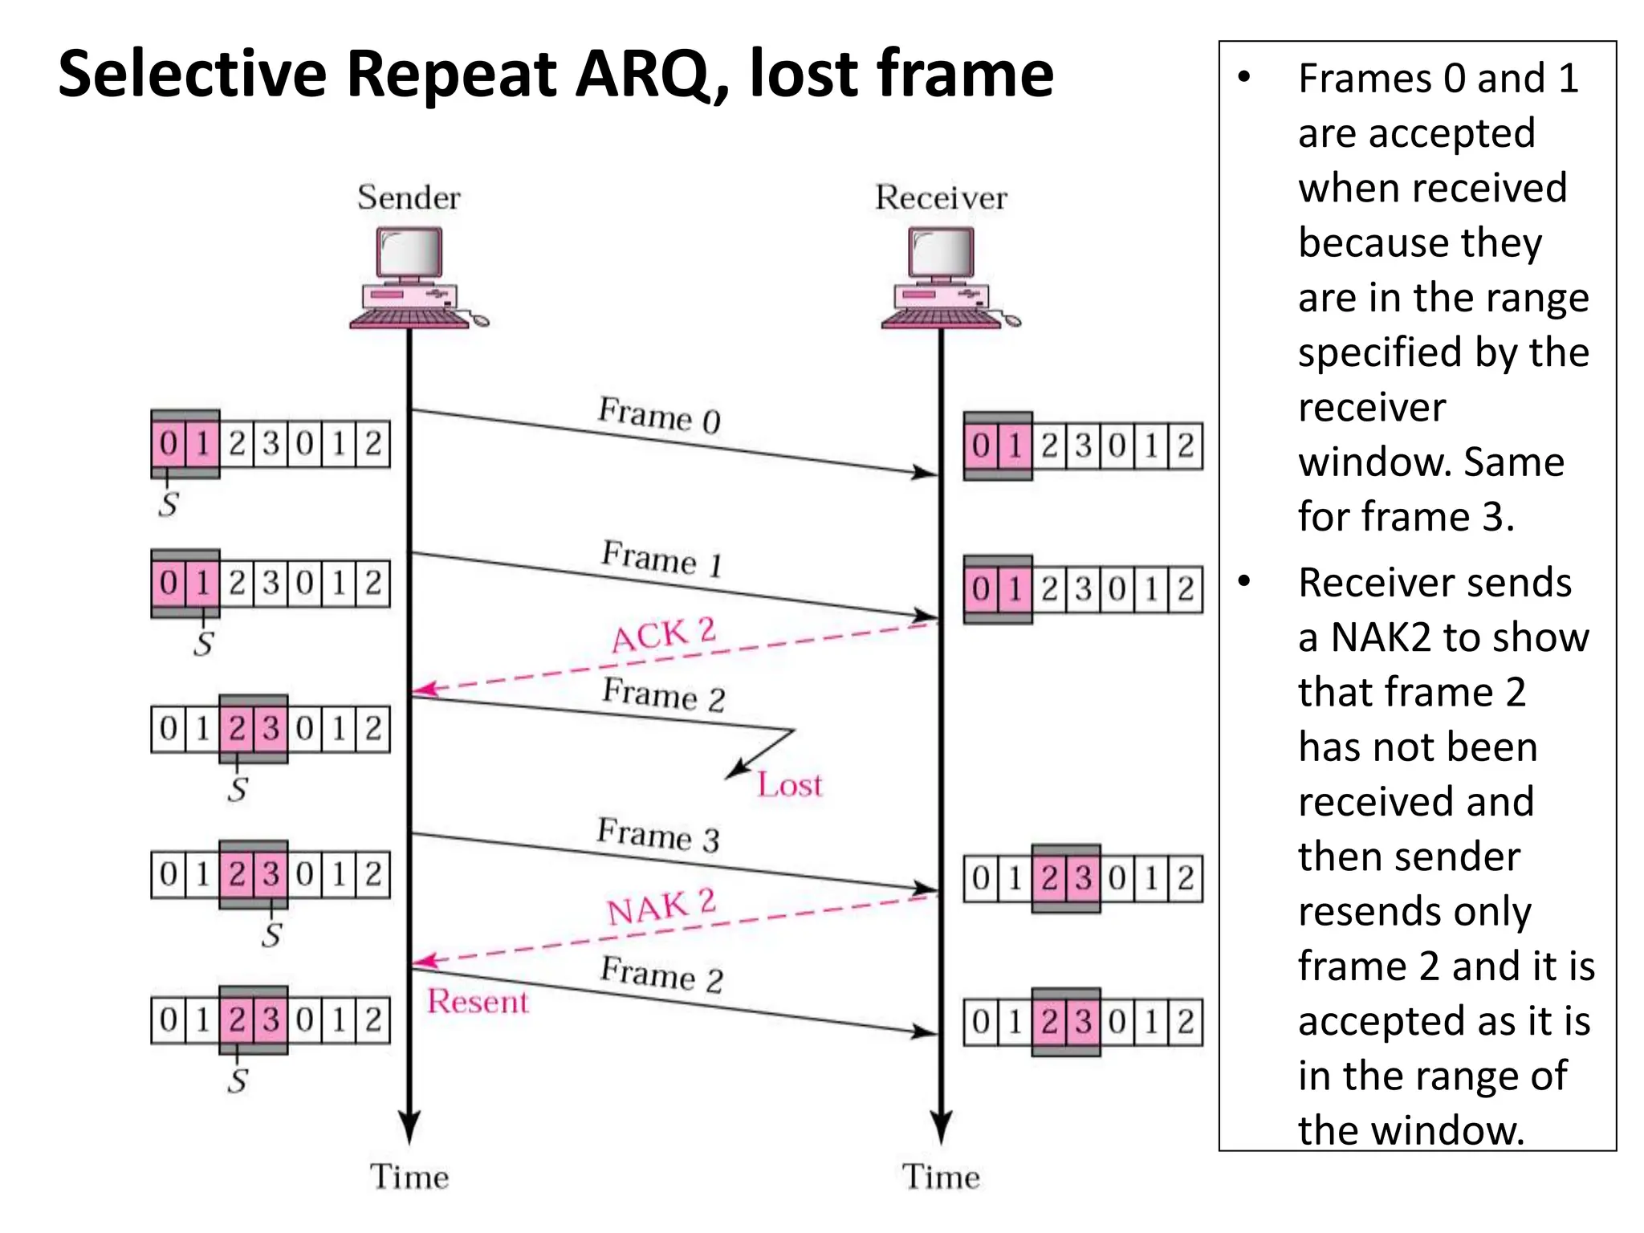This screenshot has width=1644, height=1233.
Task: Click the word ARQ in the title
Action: click(x=642, y=74)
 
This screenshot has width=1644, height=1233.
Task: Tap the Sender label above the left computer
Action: click(x=409, y=197)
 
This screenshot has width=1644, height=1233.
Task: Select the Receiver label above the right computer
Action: click(x=941, y=197)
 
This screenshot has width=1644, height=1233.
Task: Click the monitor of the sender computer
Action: click(x=409, y=252)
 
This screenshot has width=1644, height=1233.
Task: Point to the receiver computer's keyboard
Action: click(x=941, y=319)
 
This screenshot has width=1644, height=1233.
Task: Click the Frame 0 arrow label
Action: click(x=659, y=415)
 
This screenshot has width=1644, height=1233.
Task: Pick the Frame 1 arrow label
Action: click(x=662, y=558)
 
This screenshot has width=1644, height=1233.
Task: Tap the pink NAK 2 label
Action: click(x=661, y=907)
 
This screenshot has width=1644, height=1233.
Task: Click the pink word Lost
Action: click(x=790, y=784)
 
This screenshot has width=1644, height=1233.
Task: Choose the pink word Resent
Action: click(x=478, y=1001)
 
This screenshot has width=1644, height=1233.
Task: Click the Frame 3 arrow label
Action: click(x=657, y=835)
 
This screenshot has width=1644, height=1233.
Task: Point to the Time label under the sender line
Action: click(x=409, y=1177)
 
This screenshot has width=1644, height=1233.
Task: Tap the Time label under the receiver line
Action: click(x=941, y=1177)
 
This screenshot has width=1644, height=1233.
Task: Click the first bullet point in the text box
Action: click(x=1244, y=78)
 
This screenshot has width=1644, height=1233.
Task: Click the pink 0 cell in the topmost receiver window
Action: click(x=981, y=446)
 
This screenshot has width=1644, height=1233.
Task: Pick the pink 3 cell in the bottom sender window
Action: click(x=271, y=1019)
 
